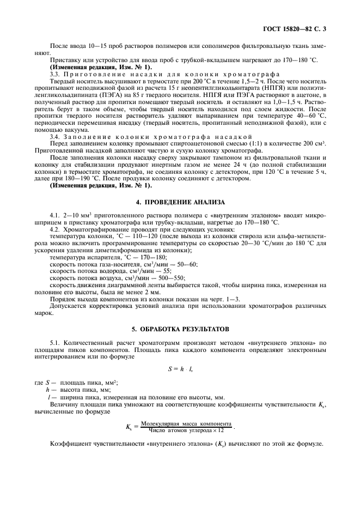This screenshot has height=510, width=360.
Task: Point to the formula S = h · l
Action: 179,369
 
